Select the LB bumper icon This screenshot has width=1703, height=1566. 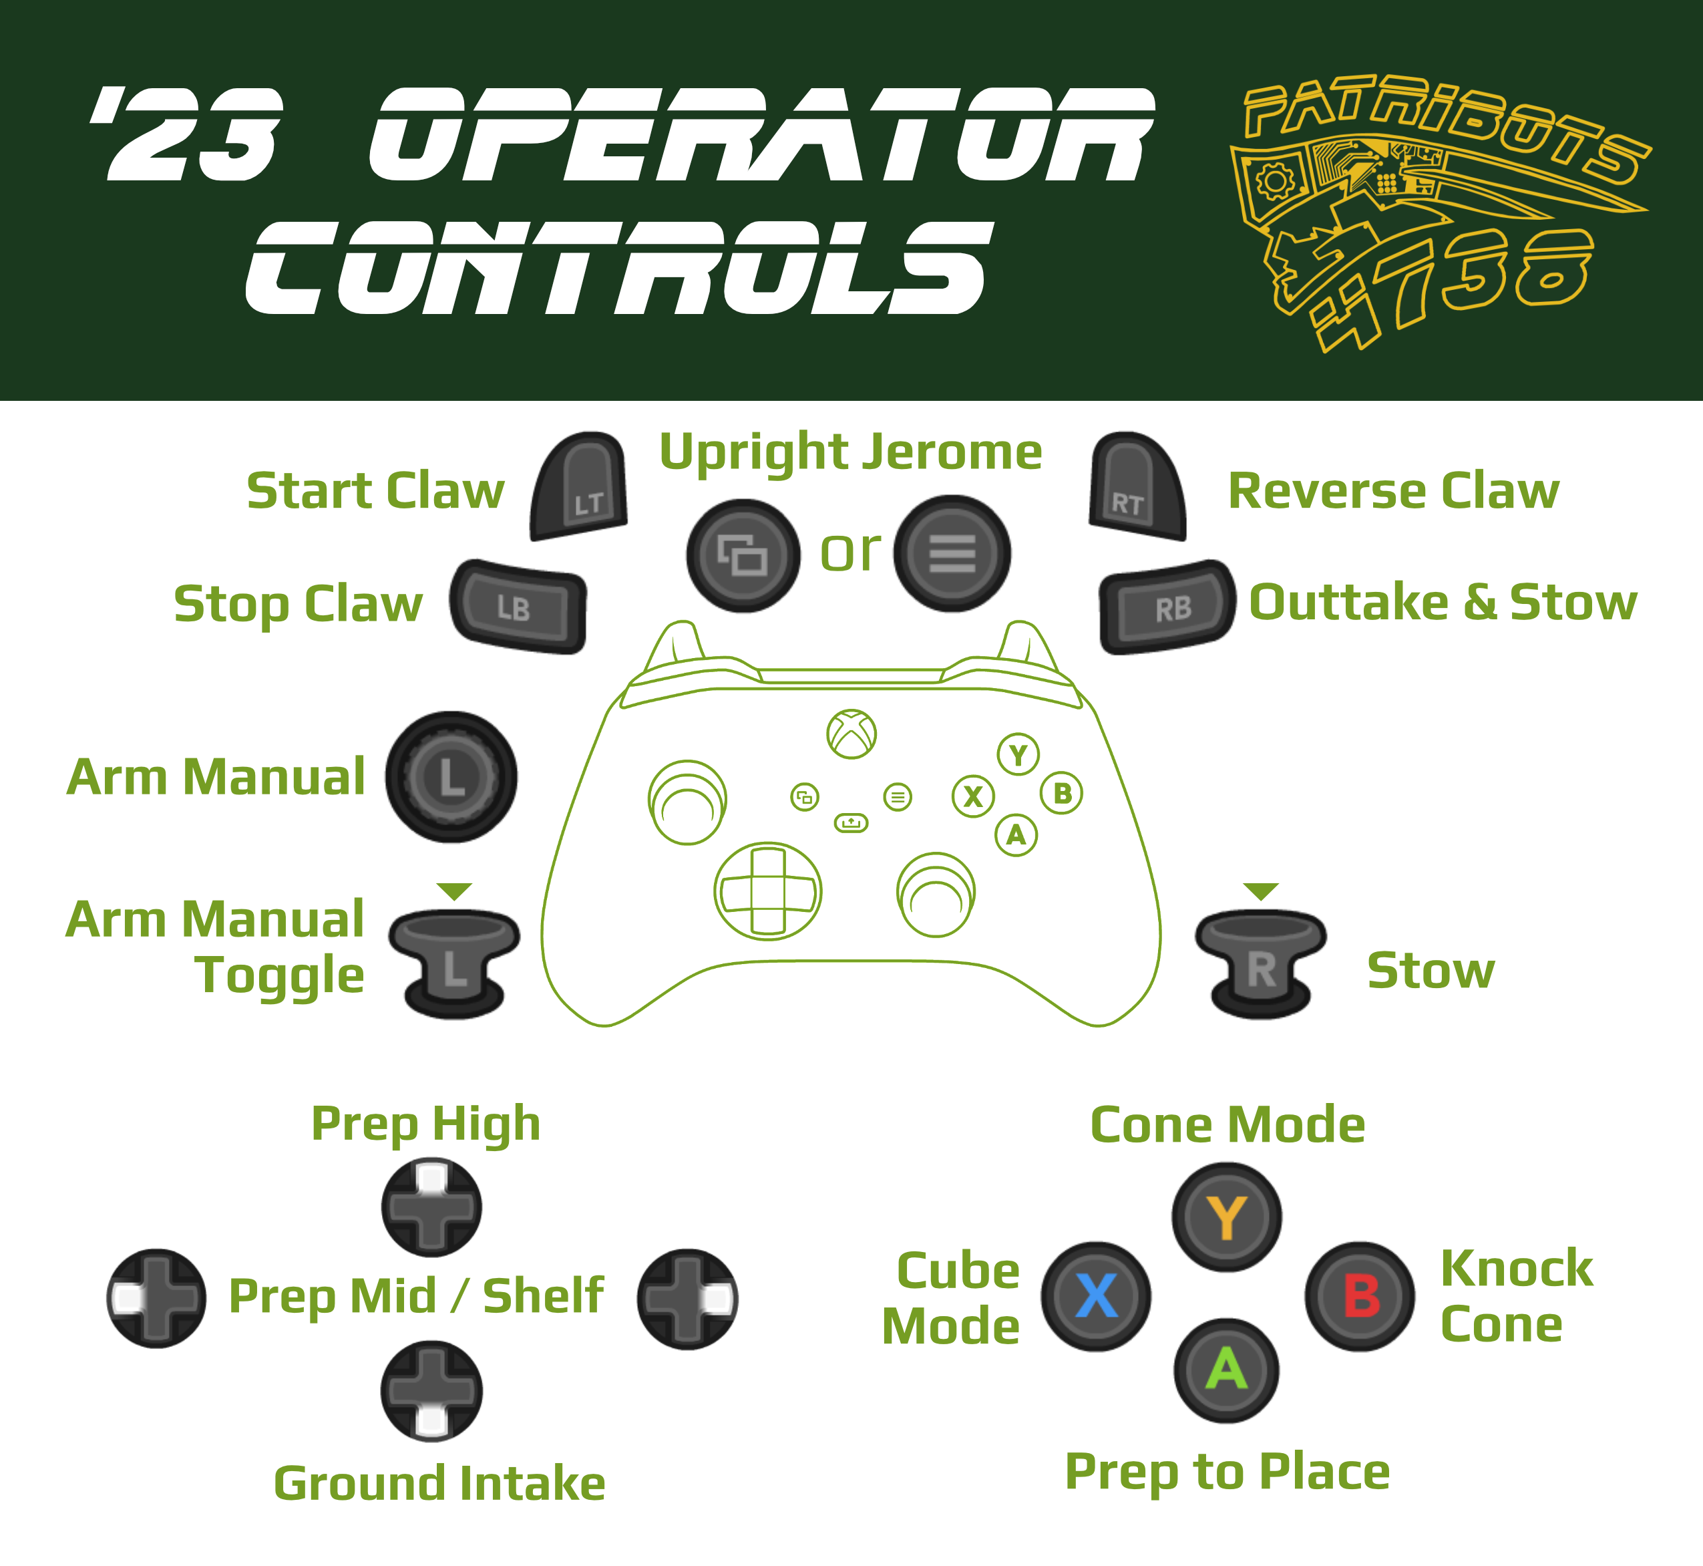(x=518, y=606)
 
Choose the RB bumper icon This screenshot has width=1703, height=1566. (x=1167, y=606)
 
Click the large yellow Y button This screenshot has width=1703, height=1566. (x=1226, y=1217)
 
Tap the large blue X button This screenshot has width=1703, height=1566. (x=1095, y=1297)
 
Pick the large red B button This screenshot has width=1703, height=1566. (x=1359, y=1297)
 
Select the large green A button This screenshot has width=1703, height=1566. (x=1226, y=1370)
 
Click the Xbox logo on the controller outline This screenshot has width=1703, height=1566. (x=851, y=734)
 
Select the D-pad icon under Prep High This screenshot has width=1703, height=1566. (x=431, y=1207)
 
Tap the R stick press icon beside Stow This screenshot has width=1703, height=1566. (x=1261, y=964)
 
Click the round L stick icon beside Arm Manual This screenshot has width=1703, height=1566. (x=451, y=776)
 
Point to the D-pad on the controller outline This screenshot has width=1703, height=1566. (x=767, y=891)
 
